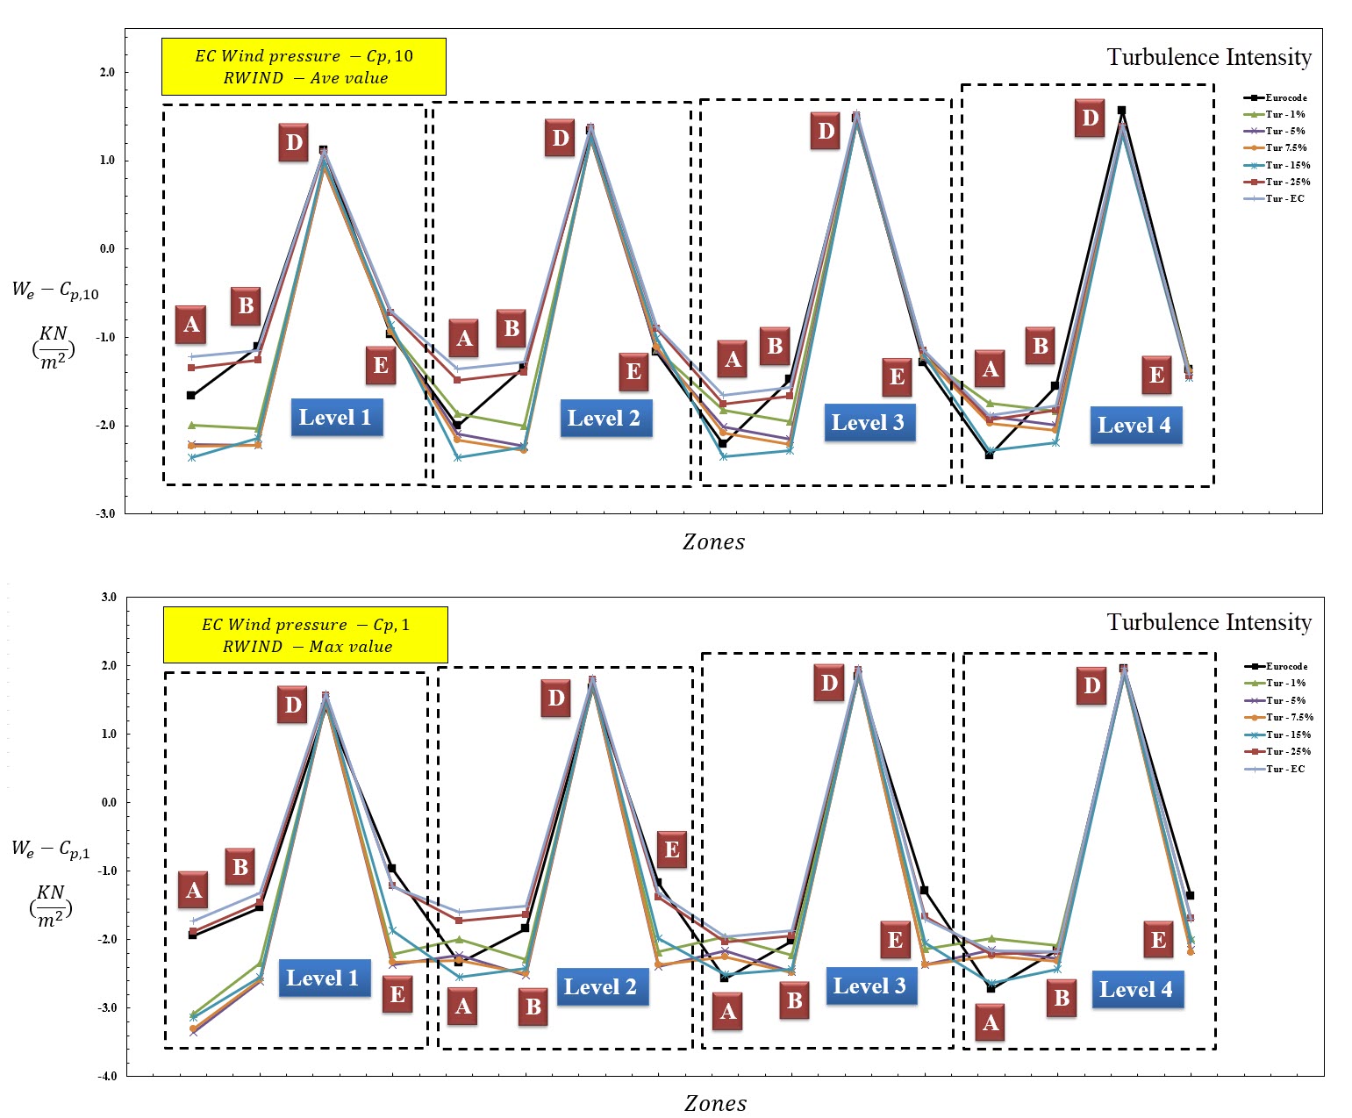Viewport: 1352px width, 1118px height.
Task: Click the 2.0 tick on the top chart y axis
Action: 107,72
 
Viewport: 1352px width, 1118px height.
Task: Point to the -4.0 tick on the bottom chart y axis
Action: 107,1076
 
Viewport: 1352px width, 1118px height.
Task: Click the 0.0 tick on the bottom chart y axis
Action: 107,802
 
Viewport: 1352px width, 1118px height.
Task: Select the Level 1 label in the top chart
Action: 335,418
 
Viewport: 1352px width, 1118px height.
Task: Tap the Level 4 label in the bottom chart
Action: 1135,990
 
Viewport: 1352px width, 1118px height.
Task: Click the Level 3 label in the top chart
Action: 867,423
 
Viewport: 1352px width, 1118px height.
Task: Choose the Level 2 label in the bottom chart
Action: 600,987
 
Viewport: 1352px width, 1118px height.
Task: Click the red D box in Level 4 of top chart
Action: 1090,118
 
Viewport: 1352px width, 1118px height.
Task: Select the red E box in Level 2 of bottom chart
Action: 671,849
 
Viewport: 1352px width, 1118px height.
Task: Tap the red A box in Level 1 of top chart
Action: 191,325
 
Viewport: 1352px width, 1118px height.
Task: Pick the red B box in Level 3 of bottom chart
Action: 794,1000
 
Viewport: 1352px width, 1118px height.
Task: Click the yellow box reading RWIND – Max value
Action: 305,635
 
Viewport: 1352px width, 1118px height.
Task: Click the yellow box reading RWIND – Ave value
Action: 304,67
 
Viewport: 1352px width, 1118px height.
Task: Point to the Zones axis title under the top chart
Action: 713,542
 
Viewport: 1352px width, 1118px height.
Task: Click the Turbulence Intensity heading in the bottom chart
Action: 1208,622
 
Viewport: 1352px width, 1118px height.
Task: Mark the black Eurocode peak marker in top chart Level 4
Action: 1121,111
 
